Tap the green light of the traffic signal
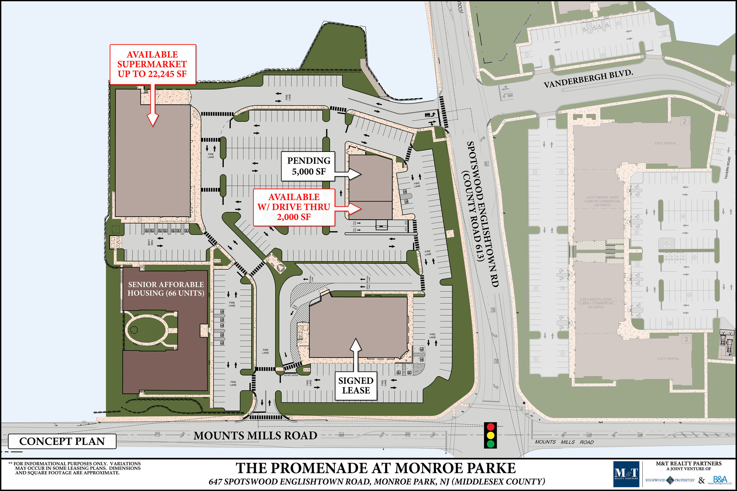(x=490, y=443)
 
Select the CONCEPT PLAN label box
(x=62, y=441)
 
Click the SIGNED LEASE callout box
(x=356, y=386)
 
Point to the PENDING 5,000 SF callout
(x=308, y=166)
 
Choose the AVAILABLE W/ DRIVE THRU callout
(x=294, y=207)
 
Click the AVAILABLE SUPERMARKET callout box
(x=153, y=64)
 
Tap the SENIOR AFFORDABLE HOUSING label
(x=166, y=289)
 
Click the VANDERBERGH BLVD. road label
(x=588, y=79)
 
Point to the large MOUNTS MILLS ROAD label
(x=256, y=436)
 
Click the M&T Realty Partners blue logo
(x=626, y=474)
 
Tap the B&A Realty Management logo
(x=720, y=480)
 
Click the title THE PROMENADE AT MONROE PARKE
(x=376, y=468)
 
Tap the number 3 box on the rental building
(x=686, y=339)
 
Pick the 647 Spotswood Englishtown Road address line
(x=376, y=482)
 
